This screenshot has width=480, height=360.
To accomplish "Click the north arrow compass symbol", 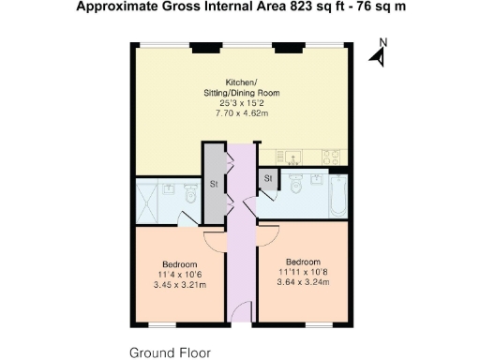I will point(378,53).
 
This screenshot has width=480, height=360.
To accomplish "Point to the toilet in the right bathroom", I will point(296,186).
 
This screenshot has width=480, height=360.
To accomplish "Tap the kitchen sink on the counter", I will point(294,156).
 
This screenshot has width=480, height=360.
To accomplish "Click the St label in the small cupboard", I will point(267,178).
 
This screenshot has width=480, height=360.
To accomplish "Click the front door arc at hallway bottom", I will point(241,312).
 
